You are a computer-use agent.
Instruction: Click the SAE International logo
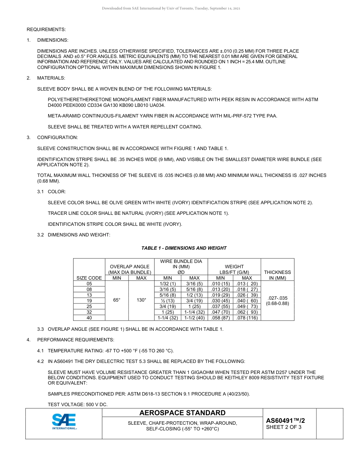click(x=64, y=422)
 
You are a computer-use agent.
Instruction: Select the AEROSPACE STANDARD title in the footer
click(x=182, y=413)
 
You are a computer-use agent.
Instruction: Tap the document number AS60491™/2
click(x=285, y=420)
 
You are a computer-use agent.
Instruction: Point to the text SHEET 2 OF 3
click(x=284, y=427)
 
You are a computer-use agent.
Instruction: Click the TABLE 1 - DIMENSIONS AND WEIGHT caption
click(x=184, y=248)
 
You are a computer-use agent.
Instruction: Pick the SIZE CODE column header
click(x=89, y=278)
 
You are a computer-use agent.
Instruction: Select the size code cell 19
click(x=89, y=300)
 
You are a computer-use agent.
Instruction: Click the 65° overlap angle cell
click(x=117, y=300)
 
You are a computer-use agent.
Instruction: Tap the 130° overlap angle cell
click(x=141, y=300)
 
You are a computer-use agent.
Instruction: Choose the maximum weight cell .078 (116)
click(x=247, y=318)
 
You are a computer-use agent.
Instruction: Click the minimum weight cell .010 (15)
click(x=221, y=283)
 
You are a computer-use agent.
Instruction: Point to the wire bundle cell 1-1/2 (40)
click(x=194, y=318)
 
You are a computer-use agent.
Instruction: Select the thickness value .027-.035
click(x=277, y=298)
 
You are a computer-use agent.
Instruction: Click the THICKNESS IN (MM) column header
click(x=277, y=275)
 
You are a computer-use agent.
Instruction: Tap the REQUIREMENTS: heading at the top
click(x=46, y=29)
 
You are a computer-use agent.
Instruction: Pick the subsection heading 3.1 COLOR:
click(x=56, y=192)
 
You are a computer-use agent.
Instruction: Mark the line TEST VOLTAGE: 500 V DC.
click(x=77, y=405)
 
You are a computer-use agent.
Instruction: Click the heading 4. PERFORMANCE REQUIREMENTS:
click(x=75, y=339)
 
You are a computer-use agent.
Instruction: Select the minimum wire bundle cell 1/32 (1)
click(x=167, y=283)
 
